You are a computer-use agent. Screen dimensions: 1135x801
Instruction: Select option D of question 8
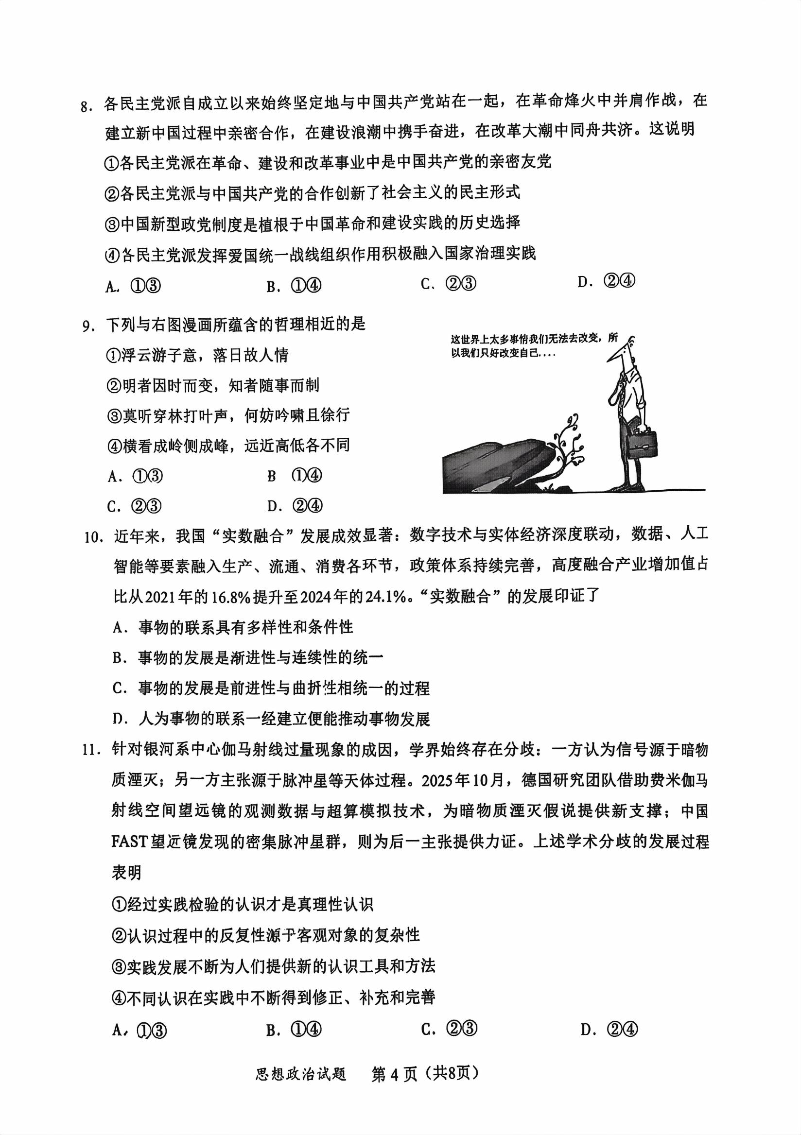[x=606, y=282]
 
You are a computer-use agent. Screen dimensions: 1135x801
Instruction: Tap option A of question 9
[x=135, y=477]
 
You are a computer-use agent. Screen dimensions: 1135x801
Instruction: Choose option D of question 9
[x=295, y=506]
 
